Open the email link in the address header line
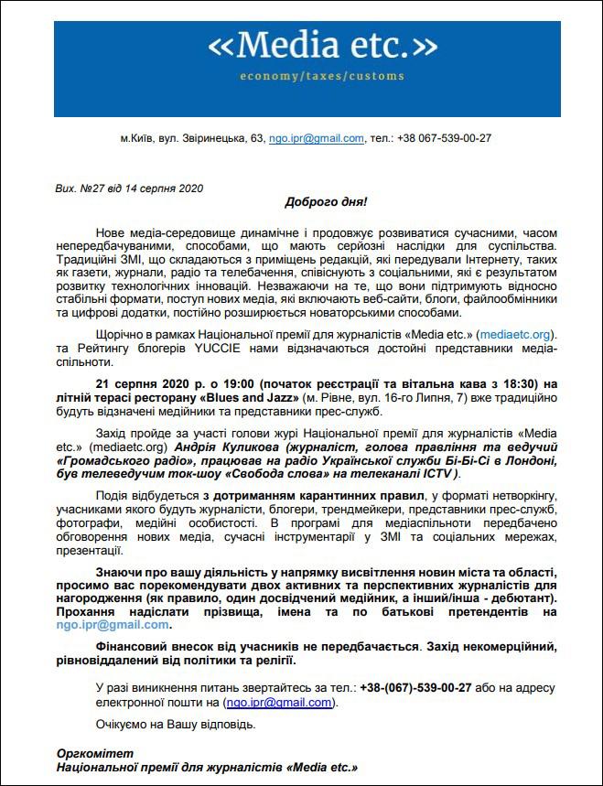[x=317, y=138]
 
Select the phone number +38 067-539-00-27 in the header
[x=444, y=138]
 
